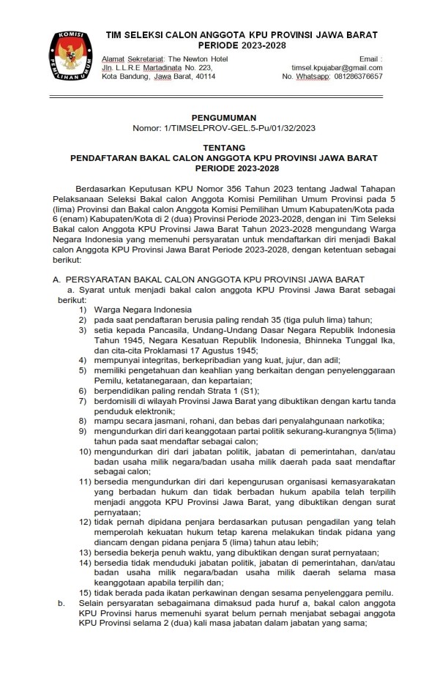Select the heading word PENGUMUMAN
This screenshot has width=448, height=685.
click(x=223, y=117)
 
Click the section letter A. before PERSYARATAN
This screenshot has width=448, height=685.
click(x=55, y=280)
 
